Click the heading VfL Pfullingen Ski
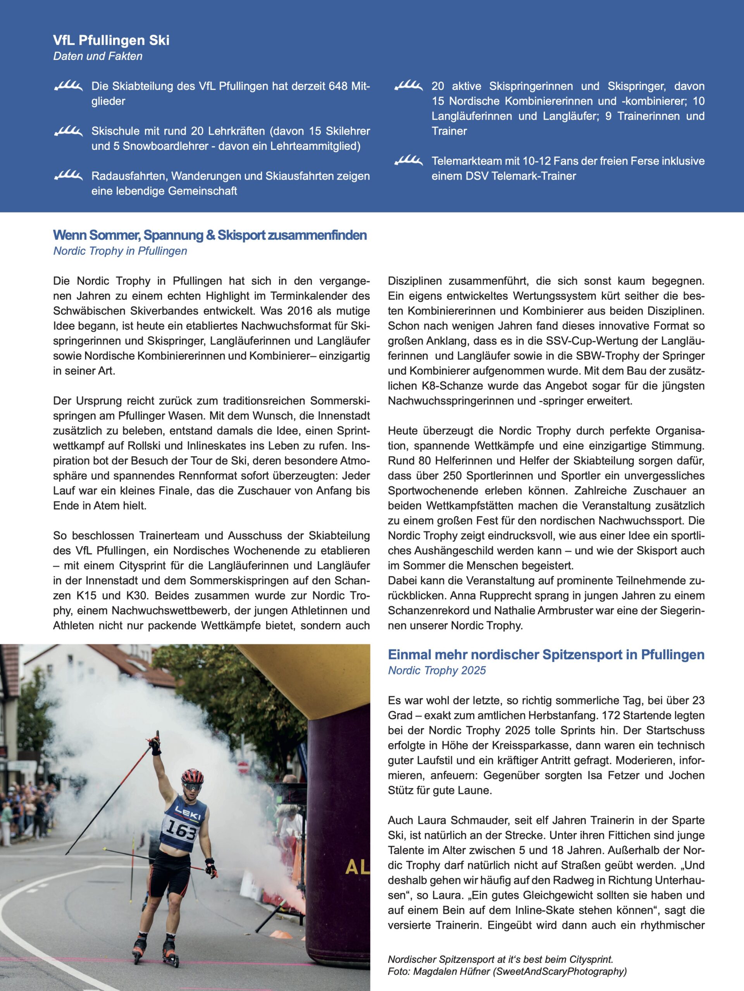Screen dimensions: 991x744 point(111,40)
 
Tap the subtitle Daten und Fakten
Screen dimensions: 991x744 point(98,57)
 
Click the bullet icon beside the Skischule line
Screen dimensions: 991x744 point(68,131)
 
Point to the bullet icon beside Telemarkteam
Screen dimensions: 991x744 point(408,161)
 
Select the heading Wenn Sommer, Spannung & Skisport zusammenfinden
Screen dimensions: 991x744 point(210,235)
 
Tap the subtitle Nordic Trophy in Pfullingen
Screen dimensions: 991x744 point(120,251)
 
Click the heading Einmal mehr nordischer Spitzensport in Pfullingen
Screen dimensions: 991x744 point(546,655)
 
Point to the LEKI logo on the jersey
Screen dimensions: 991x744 point(188,812)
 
